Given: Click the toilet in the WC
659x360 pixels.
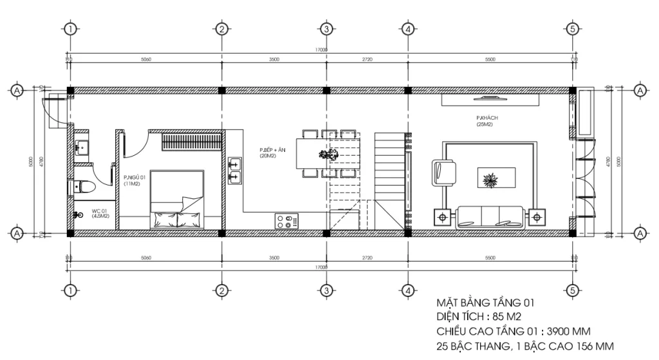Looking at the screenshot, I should pos(82,187).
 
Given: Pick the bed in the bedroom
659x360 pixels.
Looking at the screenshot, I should pos(177,200).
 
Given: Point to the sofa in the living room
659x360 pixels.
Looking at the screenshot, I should pos(490,217).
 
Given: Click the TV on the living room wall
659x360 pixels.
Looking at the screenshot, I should pos(490,99).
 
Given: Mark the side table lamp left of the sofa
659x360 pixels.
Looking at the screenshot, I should pos(443,217).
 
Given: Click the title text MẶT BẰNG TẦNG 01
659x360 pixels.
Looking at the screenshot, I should pos(485,303).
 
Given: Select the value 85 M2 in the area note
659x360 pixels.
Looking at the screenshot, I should pos(505,317).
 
